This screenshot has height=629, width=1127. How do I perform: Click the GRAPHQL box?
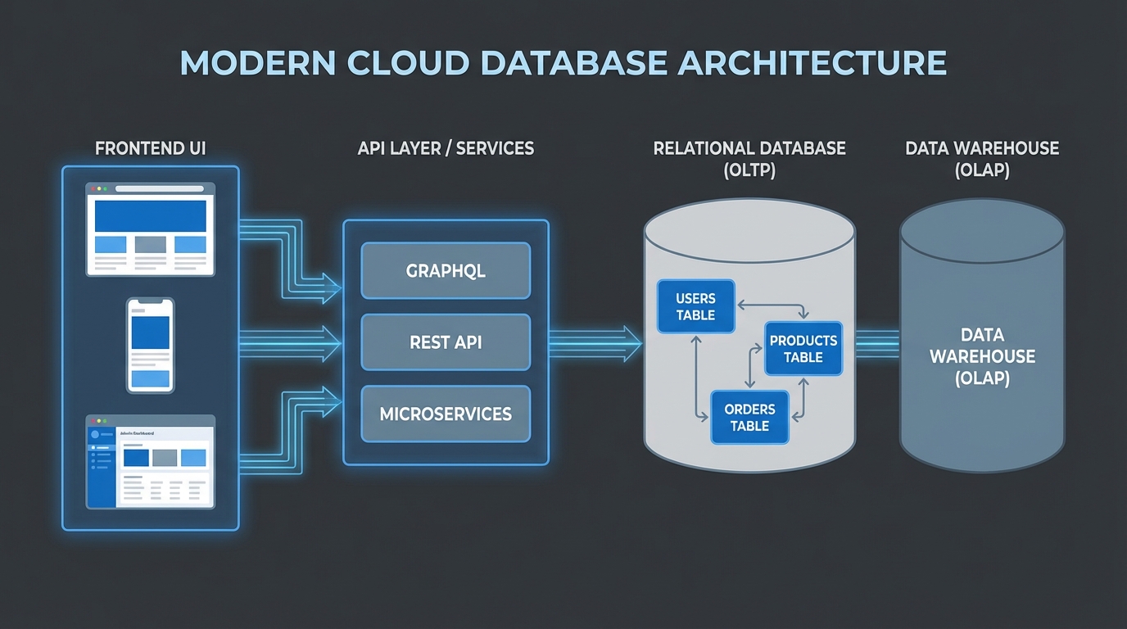(x=446, y=271)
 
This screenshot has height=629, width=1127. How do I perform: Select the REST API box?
(x=446, y=342)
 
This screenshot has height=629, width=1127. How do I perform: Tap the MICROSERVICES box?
(x=446, y=414)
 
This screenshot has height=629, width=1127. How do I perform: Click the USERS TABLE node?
(x=695, y=307)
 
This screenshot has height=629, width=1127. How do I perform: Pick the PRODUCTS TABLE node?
(x=803, y=349)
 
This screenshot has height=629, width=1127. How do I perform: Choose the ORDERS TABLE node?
(x=749, y=418)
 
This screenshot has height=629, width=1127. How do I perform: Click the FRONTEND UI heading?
(x=151, y=149)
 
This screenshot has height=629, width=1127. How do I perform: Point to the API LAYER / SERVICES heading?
(x=446, y=149)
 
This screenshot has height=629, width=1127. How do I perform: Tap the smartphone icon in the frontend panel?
(x=151, y=345)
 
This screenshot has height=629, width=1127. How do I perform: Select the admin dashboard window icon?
(x=151, y=461)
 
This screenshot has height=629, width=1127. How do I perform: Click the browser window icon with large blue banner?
(x=151, y=229)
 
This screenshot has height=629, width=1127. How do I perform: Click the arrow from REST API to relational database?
(x=594, y=342)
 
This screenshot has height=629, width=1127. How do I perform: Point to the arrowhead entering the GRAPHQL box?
(x=331, y=283)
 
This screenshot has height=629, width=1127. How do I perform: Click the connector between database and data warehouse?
(x=877, y=342)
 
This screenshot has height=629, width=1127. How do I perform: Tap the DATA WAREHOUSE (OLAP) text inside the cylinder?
(x=982, y=357)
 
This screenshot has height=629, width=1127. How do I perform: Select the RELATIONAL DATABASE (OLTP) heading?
(x=749, y=159)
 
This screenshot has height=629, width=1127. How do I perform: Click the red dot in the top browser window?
(x=93, y=189)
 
